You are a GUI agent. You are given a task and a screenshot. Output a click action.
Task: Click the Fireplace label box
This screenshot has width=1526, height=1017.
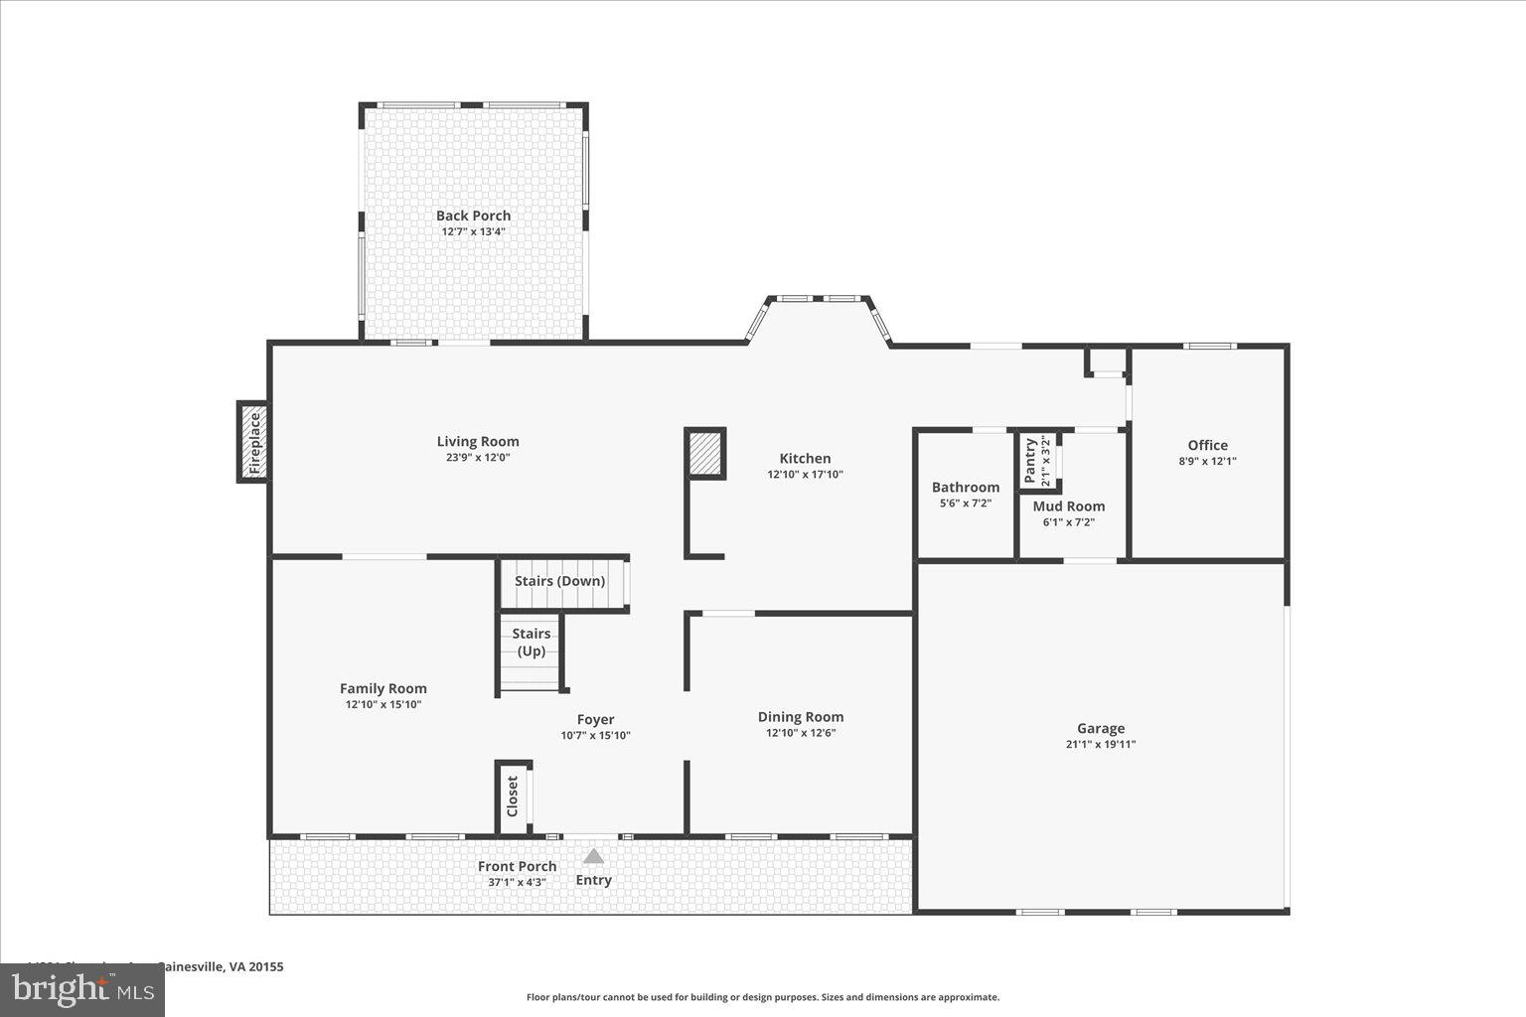coord(253,442)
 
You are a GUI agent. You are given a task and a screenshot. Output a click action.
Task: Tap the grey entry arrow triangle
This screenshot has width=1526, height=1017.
coord(593,855)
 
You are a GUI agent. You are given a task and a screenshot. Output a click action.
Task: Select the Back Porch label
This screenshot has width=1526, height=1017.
coord(473,216)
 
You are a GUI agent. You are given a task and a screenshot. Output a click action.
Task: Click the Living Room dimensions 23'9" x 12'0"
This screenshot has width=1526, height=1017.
coord(478,458)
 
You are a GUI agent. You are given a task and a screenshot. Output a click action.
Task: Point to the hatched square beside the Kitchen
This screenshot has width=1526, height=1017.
coord(705,454)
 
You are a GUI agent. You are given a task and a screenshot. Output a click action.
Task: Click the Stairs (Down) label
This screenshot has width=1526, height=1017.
coord(559,581)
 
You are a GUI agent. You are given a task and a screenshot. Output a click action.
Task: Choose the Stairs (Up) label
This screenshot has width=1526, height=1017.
coord(531,642)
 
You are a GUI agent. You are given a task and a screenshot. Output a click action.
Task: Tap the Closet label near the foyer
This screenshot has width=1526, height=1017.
coord(513,796)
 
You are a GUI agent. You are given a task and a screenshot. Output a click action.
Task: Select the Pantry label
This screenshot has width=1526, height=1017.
coord(1030,460)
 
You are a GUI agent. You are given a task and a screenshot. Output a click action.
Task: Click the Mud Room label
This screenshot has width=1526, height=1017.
coord(1068,507)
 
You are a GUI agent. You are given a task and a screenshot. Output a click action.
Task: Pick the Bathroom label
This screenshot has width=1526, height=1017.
coord(965,488)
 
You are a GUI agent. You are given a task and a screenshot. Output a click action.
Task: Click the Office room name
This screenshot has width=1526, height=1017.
coord(1207,446)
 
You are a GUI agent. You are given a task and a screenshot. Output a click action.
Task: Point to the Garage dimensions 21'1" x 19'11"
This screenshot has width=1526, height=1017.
coord(1101,744)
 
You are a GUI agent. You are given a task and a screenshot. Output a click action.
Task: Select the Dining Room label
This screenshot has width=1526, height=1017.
coord(800,717)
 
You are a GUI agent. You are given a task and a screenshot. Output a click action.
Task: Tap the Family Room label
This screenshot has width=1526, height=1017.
coord(382,688)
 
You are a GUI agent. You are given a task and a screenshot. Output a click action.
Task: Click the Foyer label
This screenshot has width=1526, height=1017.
coord(595,720)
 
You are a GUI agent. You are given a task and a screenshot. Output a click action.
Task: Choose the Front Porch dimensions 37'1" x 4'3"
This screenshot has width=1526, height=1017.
coord(517,882)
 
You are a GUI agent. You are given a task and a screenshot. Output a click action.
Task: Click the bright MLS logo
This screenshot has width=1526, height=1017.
coord(83,990)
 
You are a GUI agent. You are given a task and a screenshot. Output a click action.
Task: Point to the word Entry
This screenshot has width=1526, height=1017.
coord(593,880)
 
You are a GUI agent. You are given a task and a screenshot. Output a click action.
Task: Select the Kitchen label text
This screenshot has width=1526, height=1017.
coord(805,459)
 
